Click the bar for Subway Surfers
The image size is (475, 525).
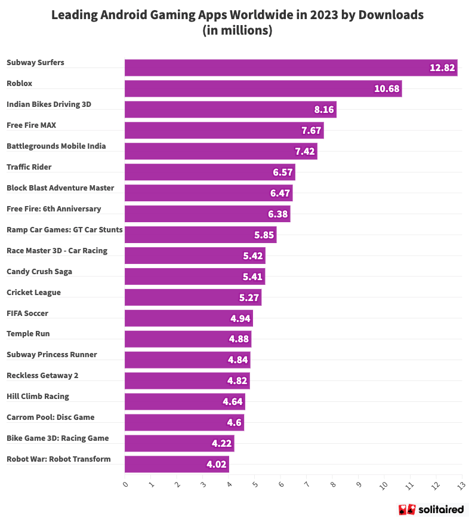pyautogui.click(x=291, y=67)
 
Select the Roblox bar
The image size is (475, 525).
pyautogui.click(x=263, y=88)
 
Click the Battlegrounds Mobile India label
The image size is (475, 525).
pyautogui.click(x=56, y=146)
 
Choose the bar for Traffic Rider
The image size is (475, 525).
pyautogui.click(x=209, y=172)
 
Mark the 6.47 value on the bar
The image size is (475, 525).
pyautogui.click(x=280, y=194)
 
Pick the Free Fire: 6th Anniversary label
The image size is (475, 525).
pyautogui.click(x=54, y=208)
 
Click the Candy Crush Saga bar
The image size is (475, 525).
pyautogui.click(x=194, y=277)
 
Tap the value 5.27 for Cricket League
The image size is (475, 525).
pyautogui.click(x=249, y=297)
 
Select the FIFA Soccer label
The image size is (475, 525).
pyautogui.click(x=27, y=313)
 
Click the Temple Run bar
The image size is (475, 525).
pyautogui.click(x=187, y=339)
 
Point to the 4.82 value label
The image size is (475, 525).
pyautogui.click(x=237, y=381)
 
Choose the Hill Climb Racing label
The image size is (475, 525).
pyautogui.click(x=38, y=396)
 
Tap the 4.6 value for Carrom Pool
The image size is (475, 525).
pyautogui.click(x=234, y=423)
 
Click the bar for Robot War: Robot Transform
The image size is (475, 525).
pyautogui.click(x=176, y=464)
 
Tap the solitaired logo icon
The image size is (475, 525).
pyautogui.click(x=407, y=509)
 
